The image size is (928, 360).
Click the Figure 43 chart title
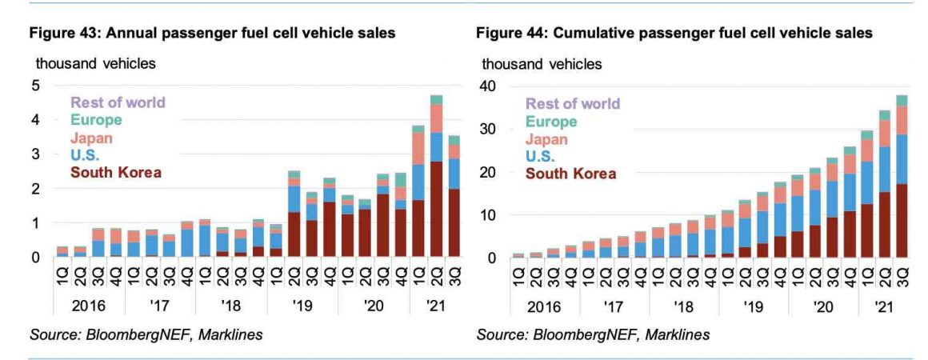click(213, 33)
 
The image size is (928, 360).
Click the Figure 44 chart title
click(674, 33)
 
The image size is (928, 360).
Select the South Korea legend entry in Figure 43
click(116, 172)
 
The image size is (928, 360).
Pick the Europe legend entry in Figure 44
click(551, 122)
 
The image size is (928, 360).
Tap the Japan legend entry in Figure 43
click(91, 138)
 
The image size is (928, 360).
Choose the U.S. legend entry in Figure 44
click(540, 157)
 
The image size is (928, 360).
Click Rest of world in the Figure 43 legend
click(118, 102)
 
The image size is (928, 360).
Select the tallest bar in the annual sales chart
click(437, 176)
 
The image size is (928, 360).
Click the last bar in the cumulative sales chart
click(902, 177)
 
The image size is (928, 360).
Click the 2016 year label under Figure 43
click(89, 306)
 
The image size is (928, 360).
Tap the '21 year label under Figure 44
click(884, 306)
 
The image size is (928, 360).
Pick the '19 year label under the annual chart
click(302, 306)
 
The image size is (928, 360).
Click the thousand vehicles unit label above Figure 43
click(96, 63)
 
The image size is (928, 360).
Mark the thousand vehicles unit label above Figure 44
click(542, 63)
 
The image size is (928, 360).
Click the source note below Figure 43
click(146, 334)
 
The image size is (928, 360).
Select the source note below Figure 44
click(593, 334)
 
